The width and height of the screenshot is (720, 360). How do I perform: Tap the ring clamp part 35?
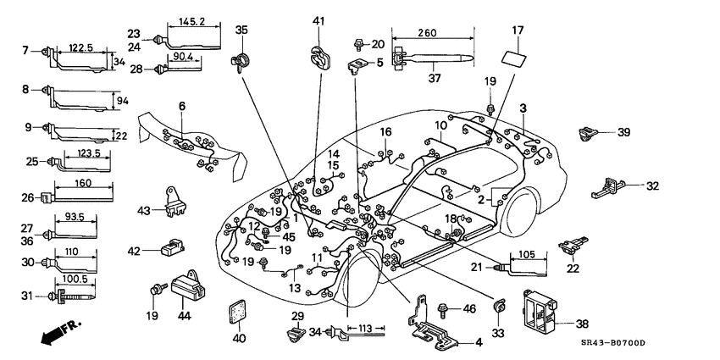tap(240, 61)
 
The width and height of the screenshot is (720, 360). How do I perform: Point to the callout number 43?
tap(144, 210)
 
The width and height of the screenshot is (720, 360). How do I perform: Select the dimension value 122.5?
tap(81, 49)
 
